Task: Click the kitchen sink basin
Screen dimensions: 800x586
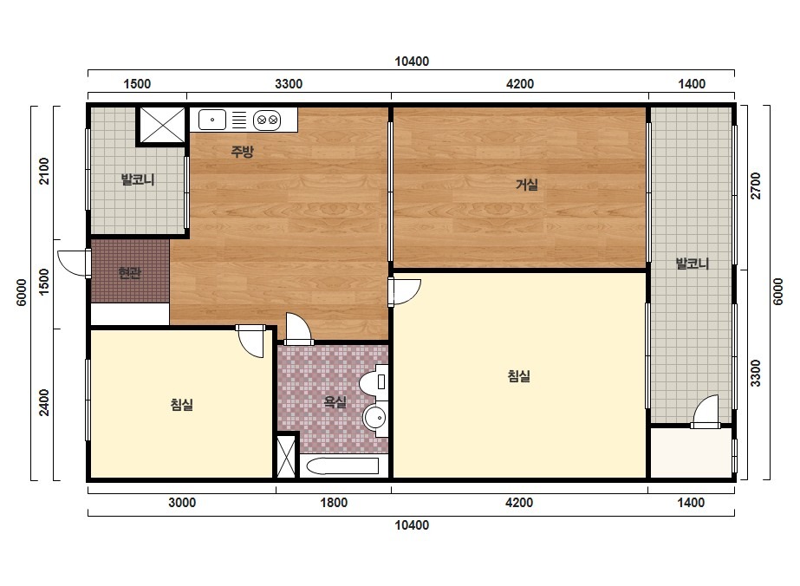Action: [x=211, y=120]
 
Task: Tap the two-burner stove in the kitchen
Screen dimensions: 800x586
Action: [x=267, y=120]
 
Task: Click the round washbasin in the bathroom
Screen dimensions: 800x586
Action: [x=376, y=419]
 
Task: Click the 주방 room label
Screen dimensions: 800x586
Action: [x=242, y=151]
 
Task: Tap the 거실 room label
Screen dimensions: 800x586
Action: [x=526, y=185]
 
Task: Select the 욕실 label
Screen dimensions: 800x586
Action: [x=335, y=402]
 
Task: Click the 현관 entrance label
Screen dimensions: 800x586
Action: [x=129, y=273]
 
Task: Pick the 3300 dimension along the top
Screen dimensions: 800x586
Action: [x=289, y=84]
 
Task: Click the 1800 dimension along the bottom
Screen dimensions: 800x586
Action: [x=334, y=503]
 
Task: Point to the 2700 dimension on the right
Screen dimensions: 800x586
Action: [x=756, y=186]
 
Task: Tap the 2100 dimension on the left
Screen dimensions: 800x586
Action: [x=45, y=171]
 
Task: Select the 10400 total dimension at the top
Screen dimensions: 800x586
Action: [x=412, y=62]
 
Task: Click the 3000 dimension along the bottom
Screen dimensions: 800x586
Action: [x=182, y=503]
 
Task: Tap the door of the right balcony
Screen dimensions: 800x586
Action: [x=706, y=412]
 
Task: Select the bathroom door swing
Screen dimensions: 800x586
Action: [x=298, y=329]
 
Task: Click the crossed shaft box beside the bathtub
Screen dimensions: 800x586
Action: [x=285, y=455]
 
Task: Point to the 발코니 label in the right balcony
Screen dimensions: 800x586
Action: [x=693, y=264]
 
